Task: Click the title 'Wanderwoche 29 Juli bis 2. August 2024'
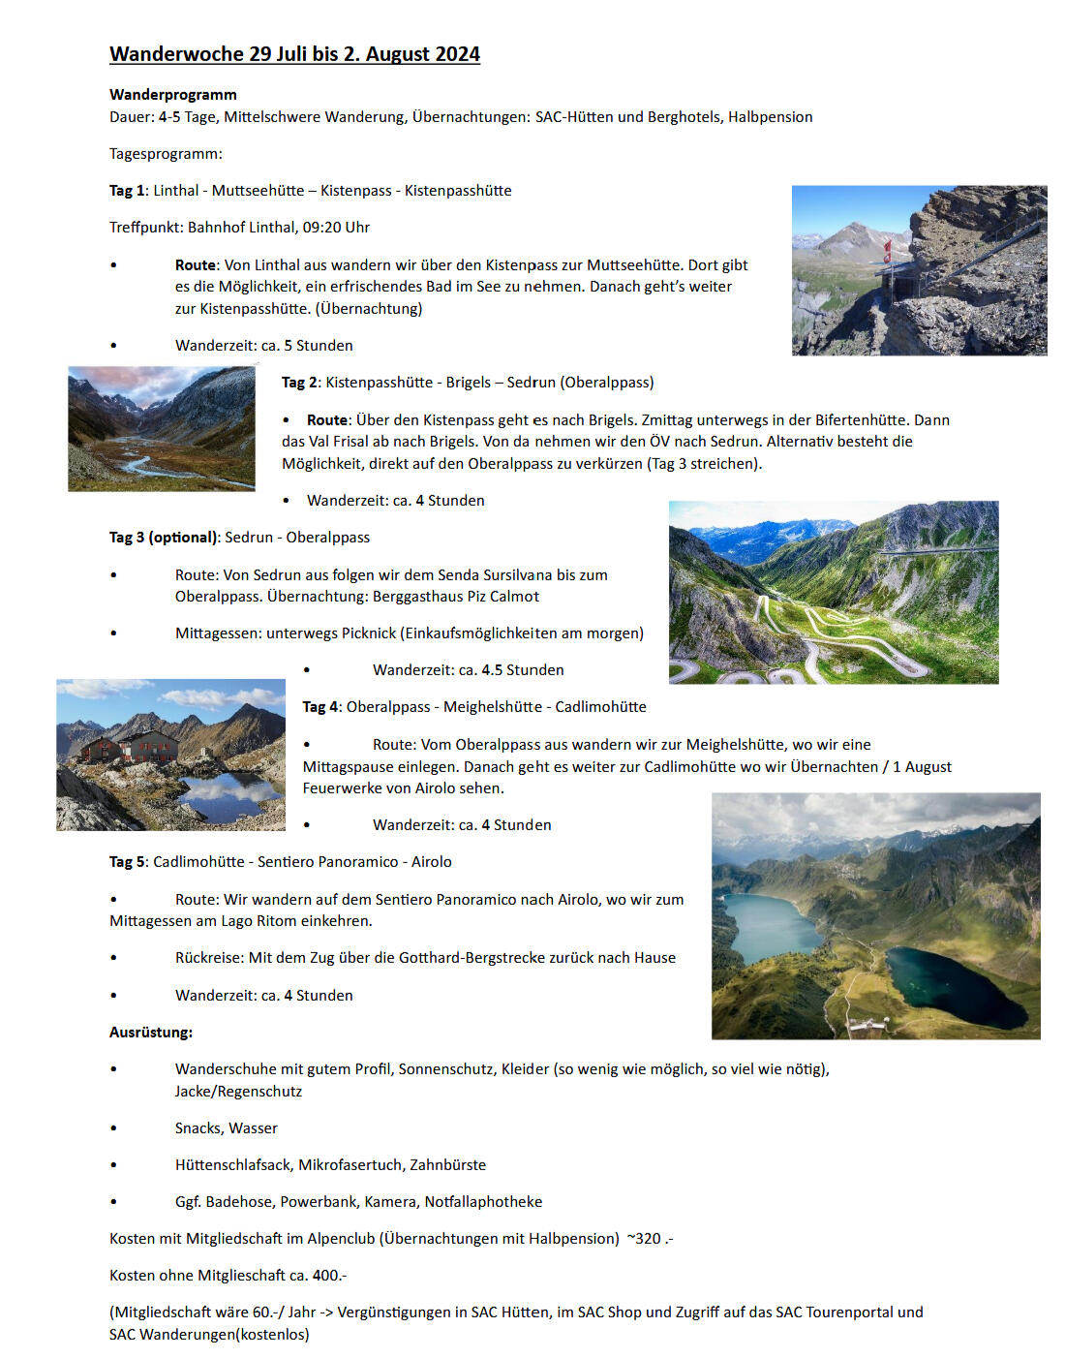(x=294, y=54)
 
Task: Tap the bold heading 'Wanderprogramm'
(x=173, y=94)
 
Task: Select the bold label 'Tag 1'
(x=127, y=191)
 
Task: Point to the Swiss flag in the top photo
(x=887, y=250)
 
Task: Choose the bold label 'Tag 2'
(x=299, y=383)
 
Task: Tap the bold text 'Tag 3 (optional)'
(x=163, y=538)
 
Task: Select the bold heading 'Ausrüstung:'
(x=151, y=1033)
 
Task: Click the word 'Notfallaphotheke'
(x=483, y=1202)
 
